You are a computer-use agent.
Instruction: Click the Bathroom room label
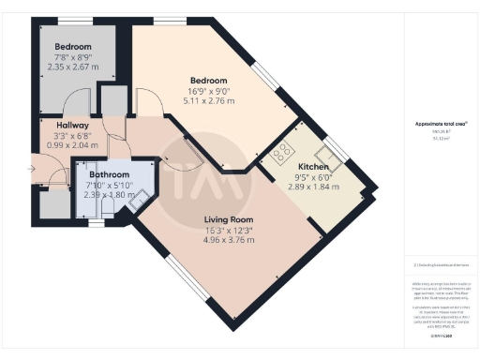coord(109,174)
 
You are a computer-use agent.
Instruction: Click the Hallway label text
coord(72,125)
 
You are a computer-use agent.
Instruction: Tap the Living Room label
coord(230,220)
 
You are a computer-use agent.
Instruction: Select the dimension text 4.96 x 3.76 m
coord(230,240)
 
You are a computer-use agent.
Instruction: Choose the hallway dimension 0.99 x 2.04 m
coord(72,146)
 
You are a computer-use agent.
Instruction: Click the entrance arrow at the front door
coord(32,170)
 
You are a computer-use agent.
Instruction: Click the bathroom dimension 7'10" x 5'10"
coord(109,185)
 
